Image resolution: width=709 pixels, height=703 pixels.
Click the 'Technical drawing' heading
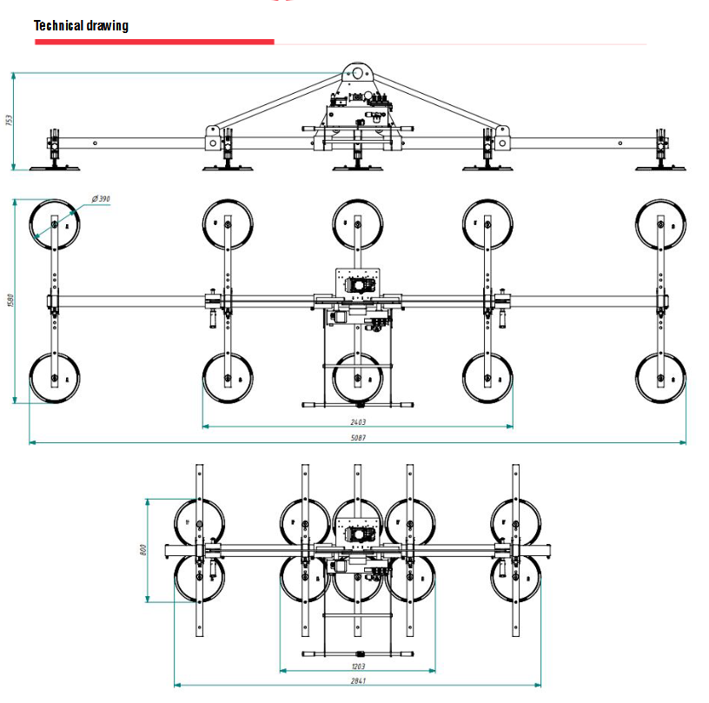81,25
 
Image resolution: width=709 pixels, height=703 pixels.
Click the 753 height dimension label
10,121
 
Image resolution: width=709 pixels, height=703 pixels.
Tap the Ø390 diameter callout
101,199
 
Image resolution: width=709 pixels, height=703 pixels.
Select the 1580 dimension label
10,301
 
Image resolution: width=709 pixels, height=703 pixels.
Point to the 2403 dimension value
357,421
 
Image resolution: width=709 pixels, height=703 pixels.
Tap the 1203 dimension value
357,665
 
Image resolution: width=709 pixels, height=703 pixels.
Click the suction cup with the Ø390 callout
54,224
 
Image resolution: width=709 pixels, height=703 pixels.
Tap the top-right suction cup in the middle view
661,224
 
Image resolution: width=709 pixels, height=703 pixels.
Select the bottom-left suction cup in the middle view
54,379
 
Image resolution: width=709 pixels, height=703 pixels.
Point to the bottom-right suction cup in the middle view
661,379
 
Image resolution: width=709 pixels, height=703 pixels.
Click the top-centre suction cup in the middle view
357,223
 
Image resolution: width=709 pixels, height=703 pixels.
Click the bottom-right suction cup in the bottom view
515,579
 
